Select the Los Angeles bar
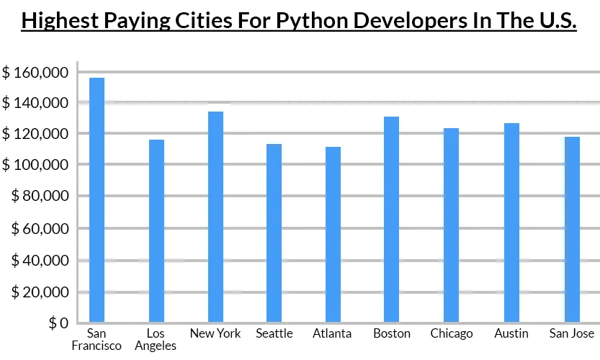[x=156, y=230]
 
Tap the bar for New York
[x=215, y=216]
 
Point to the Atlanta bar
[x=333, y=234]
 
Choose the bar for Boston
[x=391, y=219]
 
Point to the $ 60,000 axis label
[x=39, y=228]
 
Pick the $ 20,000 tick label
[x=39, y=292]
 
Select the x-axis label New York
[x=215, y=333]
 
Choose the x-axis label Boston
[x=392, y=333]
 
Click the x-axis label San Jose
[x=571, y=333]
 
